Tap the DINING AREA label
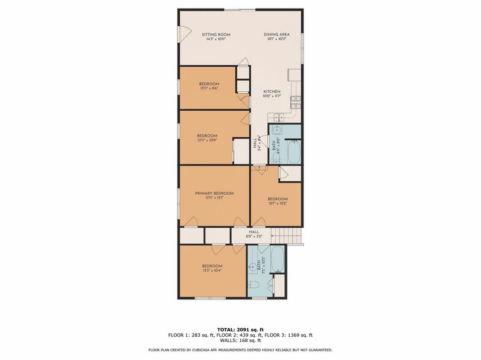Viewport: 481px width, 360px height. click(x=276, y=34)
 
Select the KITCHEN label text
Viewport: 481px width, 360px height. click(x=271, y=92)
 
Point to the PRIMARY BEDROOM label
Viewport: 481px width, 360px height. click(x=214, y=193)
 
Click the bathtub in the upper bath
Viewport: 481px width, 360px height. click(x=294, y=152)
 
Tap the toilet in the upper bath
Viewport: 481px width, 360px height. click(x=276, y=159)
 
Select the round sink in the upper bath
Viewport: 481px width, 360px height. click(x=276, y=130)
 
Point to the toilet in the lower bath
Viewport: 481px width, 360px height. click(x=254, y=283)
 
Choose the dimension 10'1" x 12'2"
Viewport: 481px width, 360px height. click(x=276, y=203)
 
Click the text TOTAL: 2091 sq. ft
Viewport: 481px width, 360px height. click(x=240, y=329)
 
